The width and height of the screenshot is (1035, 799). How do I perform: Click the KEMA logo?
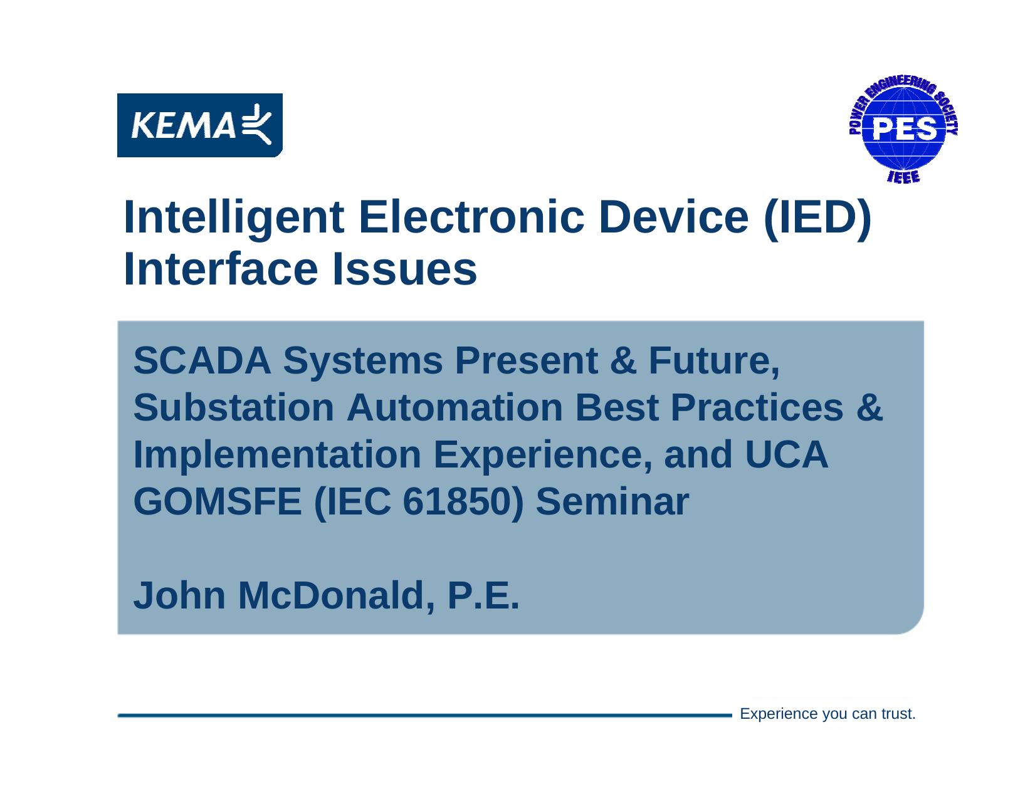pos(199,125)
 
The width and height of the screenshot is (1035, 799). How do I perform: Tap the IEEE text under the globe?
pos(903,177)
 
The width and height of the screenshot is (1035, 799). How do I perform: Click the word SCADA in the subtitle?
pos(202,362)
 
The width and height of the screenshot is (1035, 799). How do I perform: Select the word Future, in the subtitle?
pos(714,362)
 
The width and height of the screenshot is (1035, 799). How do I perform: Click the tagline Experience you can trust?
pos(827,714)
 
